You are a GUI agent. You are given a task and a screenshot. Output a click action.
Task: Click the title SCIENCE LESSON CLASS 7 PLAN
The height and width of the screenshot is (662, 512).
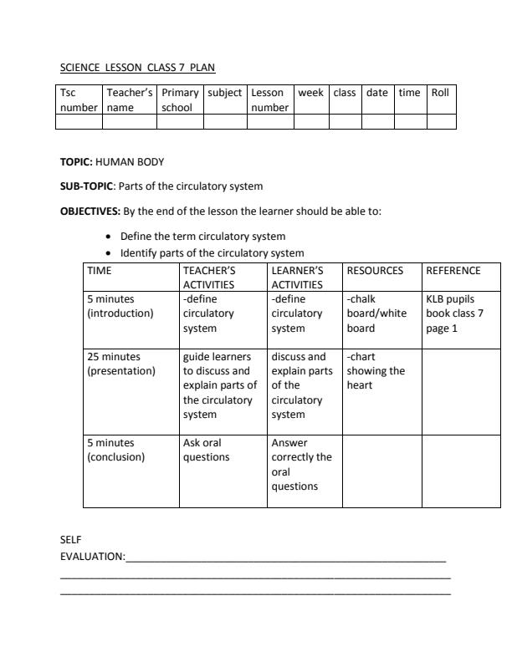click(x=138, y=67)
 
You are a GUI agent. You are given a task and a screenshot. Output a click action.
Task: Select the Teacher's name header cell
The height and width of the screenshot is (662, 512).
click(x=129, y=99)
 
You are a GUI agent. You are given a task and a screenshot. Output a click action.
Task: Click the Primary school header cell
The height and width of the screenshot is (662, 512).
click(x=180, y=99)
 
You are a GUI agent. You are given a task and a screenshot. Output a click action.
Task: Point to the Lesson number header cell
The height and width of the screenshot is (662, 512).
click(x=269, y=99)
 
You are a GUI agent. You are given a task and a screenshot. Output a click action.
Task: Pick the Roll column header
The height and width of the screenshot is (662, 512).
click(x=440, y=93)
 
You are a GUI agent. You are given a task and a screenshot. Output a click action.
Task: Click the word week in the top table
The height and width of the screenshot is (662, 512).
click(x=310, y=93)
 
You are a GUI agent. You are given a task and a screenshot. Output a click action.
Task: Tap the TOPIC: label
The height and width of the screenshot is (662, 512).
click(x=77, y=161)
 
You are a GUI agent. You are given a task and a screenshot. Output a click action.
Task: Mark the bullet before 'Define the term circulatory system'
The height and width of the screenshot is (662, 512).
click(x=109, y=237)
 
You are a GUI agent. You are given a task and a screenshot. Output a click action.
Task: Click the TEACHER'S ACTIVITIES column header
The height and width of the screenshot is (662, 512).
click(x=209, y=278)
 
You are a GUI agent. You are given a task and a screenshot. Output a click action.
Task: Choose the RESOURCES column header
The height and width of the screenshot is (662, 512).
click(x=375, y=271)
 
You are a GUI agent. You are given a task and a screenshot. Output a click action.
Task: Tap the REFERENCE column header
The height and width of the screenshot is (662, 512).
click(x=453, y=271)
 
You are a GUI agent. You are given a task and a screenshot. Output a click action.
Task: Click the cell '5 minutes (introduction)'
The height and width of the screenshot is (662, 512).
click(x=120, y=306)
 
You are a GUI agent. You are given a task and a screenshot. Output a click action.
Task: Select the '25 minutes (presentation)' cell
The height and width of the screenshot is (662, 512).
click(x=121, y=364)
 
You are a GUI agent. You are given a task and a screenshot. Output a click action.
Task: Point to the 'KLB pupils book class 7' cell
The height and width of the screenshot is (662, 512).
click(x=455, y=313)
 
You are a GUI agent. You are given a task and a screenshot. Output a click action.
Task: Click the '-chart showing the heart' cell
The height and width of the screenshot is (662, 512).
click(x=376, y=371)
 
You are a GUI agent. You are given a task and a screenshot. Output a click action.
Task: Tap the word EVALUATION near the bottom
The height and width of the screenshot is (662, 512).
click(x=92, y=556)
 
